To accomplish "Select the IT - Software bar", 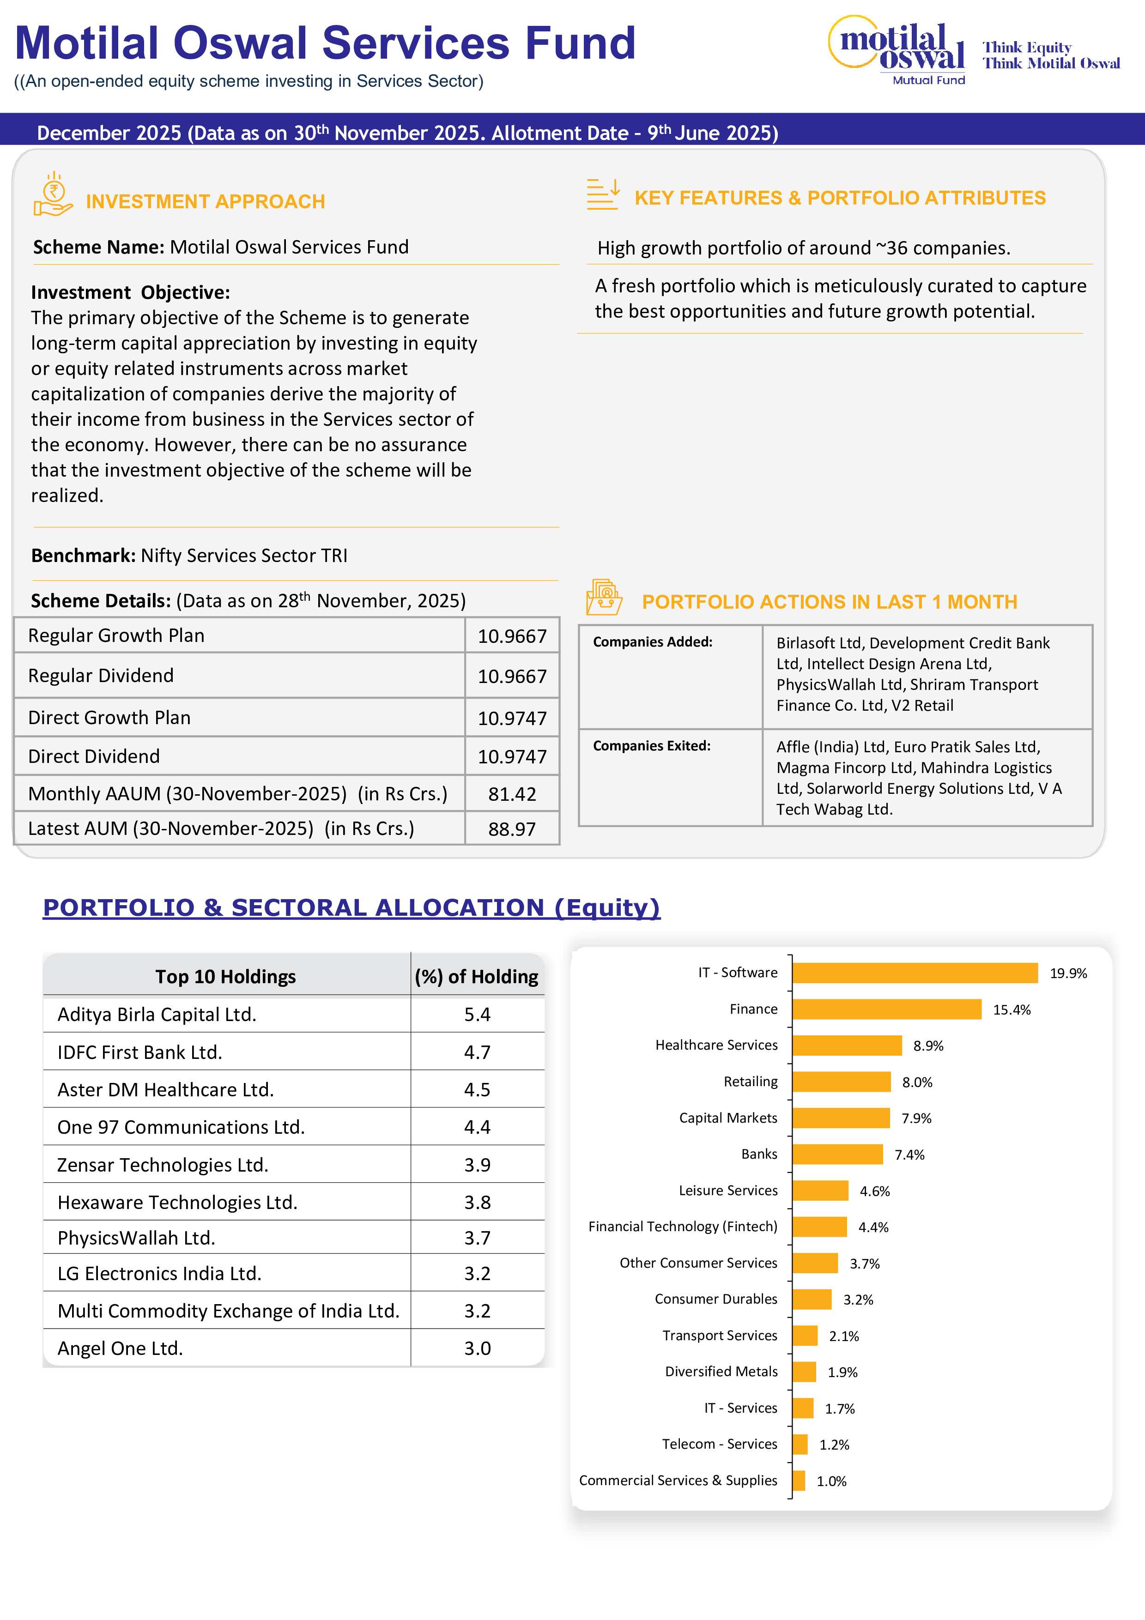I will pyautogui.click(x=915, y=973).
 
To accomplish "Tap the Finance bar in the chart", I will pyautogui.click(x=886, y=1009).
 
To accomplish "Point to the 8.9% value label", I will pyautogui.click(x=928, y=1046).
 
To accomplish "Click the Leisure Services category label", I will pyautogui.click(x=727, y=1191).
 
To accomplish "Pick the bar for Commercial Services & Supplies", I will pyautogui.click(x=799, y=1480).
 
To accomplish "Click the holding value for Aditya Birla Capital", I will pyautogui.click(x=477, y=1015).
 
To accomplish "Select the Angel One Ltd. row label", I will pyautogui.click(x=120, y=1348).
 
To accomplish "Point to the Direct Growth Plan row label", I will pyautogui.click(x=109, y=718).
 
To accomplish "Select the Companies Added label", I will pyautogui.click(x=653, y=642).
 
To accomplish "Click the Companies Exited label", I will pyautogui.click(x=651, y=746).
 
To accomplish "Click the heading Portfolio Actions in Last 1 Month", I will pyautogui.click(x=829, y=602).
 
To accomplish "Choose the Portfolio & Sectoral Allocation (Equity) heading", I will pyautogui.click(x=351, y=907).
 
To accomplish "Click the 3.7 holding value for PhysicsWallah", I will pyautogui.click(x=477, y=1238).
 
